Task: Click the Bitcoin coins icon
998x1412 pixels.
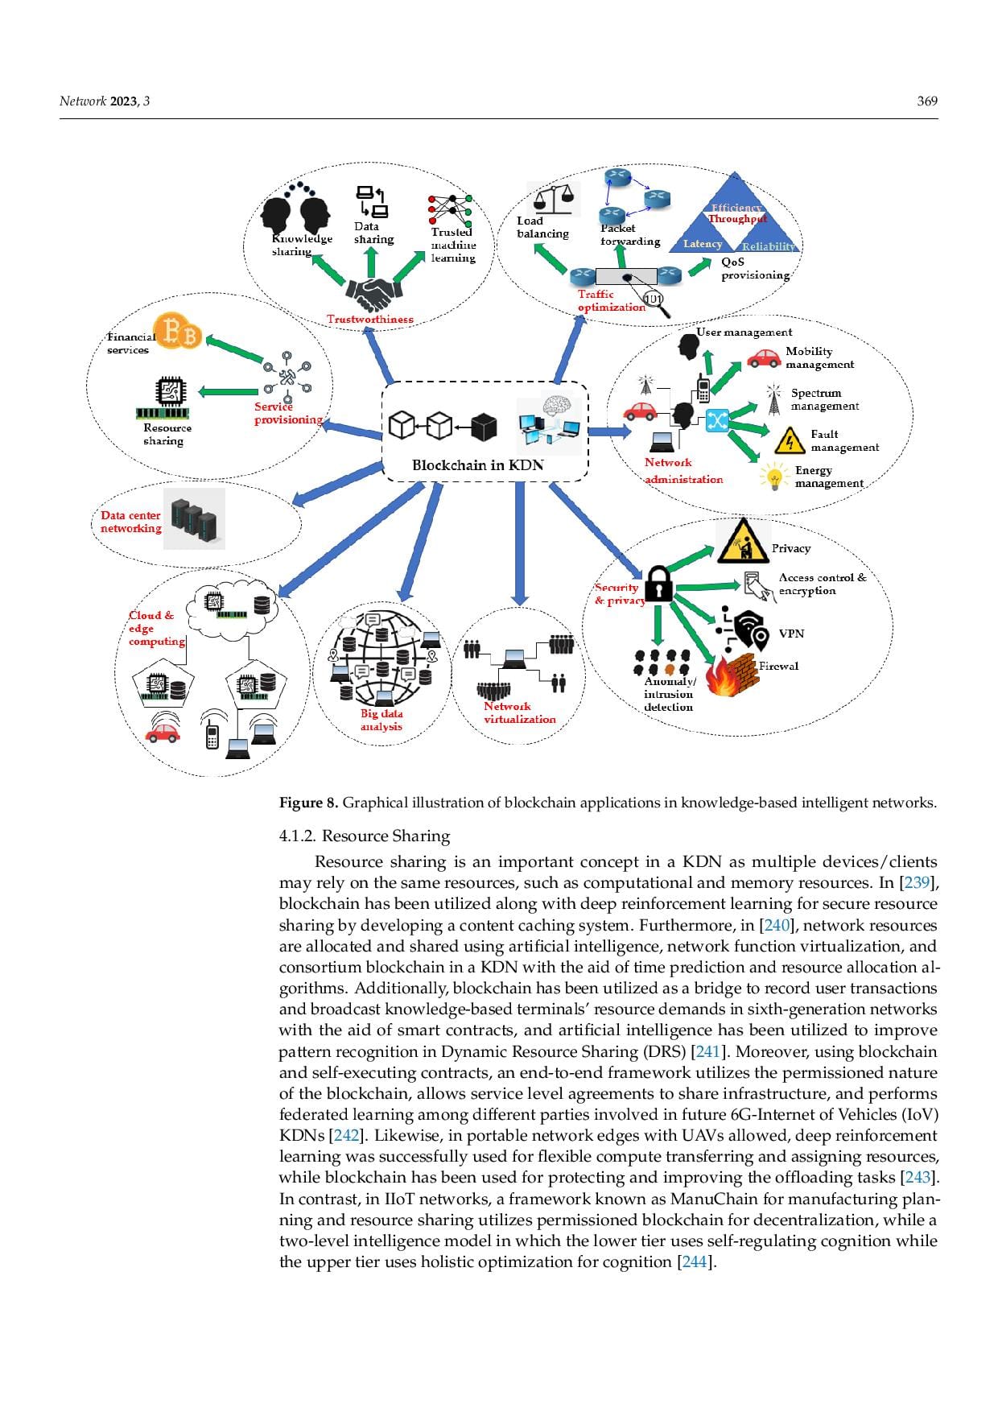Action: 178,332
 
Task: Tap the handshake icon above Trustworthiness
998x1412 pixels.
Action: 371,295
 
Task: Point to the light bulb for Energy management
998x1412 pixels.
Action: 774,477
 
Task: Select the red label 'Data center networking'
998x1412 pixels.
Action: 130,522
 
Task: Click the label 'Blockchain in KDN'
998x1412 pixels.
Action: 477,465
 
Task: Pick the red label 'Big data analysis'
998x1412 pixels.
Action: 381,720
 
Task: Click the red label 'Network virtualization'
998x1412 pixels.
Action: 519,712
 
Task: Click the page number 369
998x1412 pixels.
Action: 927,101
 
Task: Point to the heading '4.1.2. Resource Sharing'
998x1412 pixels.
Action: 365,836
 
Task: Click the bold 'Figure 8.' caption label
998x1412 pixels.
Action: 308,803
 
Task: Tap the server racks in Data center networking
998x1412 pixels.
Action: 194,519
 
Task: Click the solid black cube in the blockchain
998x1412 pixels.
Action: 484,427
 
